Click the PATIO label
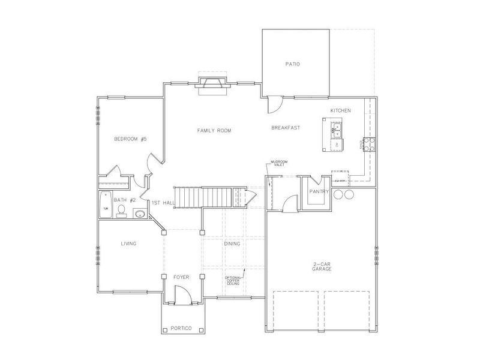292,64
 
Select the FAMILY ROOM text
214,130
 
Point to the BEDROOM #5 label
130,139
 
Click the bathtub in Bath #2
106,204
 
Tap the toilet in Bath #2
121,210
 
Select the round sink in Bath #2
139,213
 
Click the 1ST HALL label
163,203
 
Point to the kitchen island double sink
335,128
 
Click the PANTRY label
317,191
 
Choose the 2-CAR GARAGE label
323,266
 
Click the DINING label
232,244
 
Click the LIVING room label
128,244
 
